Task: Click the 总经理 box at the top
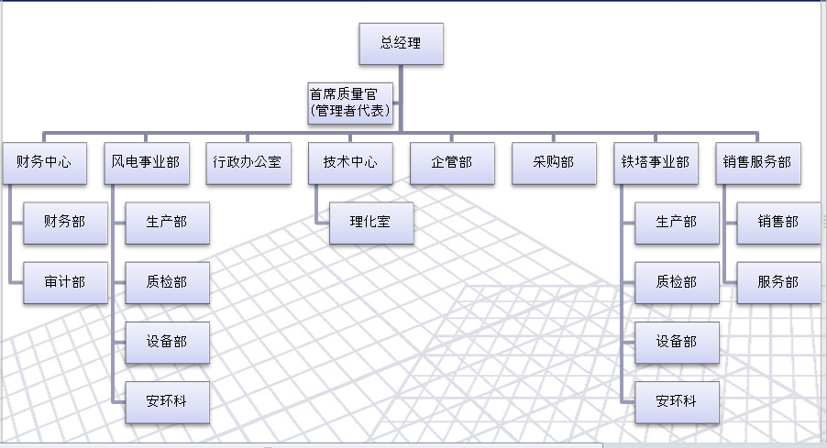point(401,43)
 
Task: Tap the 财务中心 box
point(44,163)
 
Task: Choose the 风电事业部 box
point(145,163)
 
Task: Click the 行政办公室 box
point(248,163)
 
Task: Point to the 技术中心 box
point(350,163)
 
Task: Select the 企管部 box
point(452,163)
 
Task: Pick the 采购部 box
point(554,163)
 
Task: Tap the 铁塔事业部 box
point(655,163)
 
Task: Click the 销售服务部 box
point(756,163)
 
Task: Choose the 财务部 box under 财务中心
point(64,223)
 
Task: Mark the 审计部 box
point(64,282)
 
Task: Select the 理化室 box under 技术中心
point(370,223)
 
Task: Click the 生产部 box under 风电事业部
point(166,223)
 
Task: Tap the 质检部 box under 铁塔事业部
point(676,282)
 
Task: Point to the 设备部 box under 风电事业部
point(166,342)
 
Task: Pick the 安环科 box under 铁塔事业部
point(676,401)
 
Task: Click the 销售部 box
point(777,223)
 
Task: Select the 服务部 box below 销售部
point(777,282)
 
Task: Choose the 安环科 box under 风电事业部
point(166,401)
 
